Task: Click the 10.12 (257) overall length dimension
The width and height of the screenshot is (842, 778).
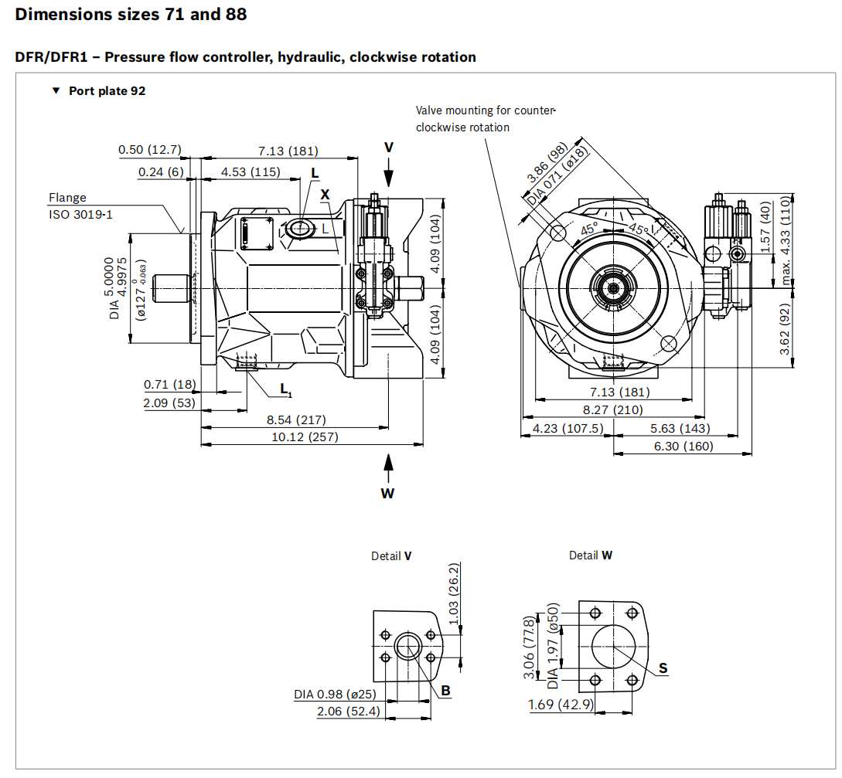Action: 305,437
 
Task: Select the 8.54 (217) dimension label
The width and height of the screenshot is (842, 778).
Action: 296,420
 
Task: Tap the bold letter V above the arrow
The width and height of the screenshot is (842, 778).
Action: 389,147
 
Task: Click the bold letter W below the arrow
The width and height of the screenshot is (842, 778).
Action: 387,494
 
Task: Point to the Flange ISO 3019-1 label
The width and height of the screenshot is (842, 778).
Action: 80,206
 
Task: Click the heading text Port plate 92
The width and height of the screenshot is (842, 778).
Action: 107,90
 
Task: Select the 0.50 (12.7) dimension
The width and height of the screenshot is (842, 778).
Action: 150,149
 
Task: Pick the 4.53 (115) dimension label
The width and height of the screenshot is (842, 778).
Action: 251,172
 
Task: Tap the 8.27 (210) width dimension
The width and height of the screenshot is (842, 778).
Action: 612,410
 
